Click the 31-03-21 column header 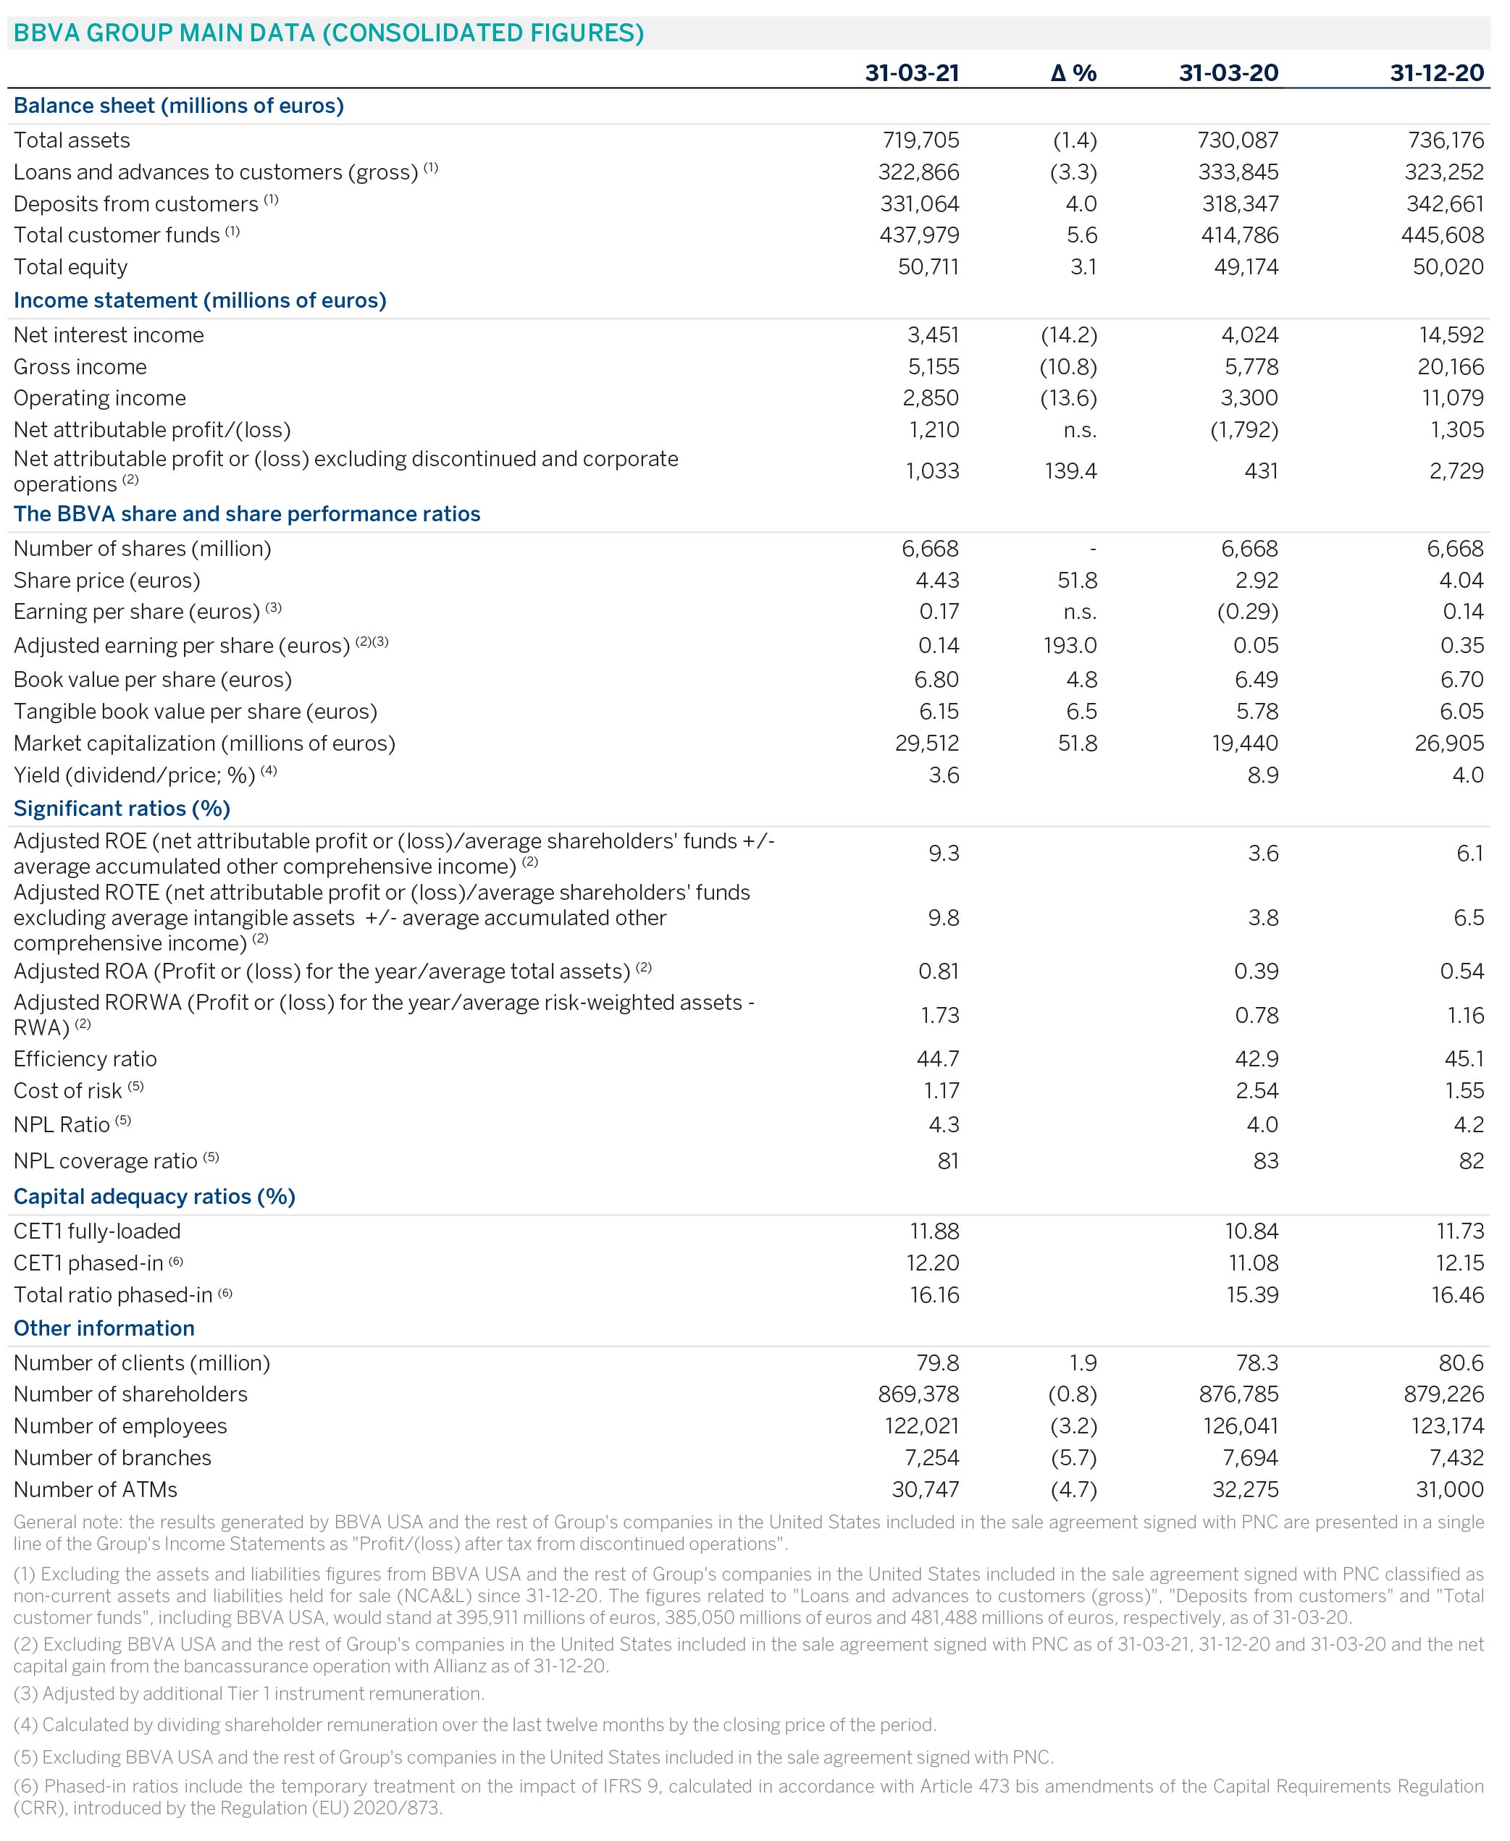tap(912, 72)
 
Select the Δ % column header tap(1073, 72)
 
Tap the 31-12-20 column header tap(1436, 72)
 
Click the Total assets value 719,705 tap(920, 140)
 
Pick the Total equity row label tap(70, 267)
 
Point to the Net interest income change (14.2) tap(1068, 334)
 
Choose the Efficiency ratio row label tap(85, 1059)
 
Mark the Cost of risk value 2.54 tap(1257, 1090)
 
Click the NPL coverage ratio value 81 tap(948, 1161)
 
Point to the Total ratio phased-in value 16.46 tap(1457, 1295)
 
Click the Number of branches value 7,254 tap(929, 1457)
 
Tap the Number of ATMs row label tap(96, 1490)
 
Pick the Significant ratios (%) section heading tap(122, 809)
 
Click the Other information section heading tap(104, 1328)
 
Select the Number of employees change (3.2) tap(1073, 1426)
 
